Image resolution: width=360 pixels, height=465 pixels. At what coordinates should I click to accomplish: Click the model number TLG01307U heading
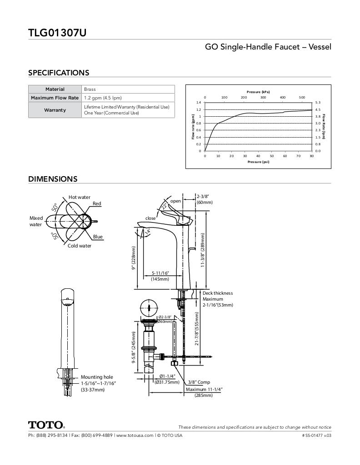pos(57,33)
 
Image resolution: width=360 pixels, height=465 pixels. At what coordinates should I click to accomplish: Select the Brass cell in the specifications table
pos(90,89)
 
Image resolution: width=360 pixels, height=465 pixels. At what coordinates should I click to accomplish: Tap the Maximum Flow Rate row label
pos(55,98)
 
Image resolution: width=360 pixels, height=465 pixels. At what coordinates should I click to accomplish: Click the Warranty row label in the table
pos(55,110)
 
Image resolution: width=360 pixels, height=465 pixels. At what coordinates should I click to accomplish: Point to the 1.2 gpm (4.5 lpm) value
pos(103,98)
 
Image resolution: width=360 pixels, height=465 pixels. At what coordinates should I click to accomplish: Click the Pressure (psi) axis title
pos(258,162)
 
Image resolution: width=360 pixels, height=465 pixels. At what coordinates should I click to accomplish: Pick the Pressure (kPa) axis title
pos(258,92)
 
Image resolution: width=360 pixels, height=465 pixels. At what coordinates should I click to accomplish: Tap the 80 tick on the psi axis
pos(312,156)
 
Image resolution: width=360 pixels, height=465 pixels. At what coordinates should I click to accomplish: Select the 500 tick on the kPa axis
pos(302,97)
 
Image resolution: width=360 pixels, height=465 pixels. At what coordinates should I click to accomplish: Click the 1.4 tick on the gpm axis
pos(199,103)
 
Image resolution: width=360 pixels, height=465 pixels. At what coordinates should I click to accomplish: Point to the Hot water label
pos(80,197)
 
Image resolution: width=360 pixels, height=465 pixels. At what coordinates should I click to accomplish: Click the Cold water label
pos(80,246)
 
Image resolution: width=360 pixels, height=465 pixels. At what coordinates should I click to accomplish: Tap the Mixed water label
pos(36,221)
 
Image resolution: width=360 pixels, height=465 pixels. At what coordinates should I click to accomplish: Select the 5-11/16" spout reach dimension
pos(160,273)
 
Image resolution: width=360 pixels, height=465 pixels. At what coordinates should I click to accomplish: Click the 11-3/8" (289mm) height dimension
pos(203,250)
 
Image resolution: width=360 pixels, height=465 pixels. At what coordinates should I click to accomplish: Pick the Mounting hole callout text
pos(97,377)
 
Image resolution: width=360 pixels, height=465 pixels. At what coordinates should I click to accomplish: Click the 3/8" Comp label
pos(199,382)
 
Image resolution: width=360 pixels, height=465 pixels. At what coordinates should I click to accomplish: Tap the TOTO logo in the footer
pos(46,425)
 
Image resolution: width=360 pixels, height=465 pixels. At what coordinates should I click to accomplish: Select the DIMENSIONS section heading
pos(53,179)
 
